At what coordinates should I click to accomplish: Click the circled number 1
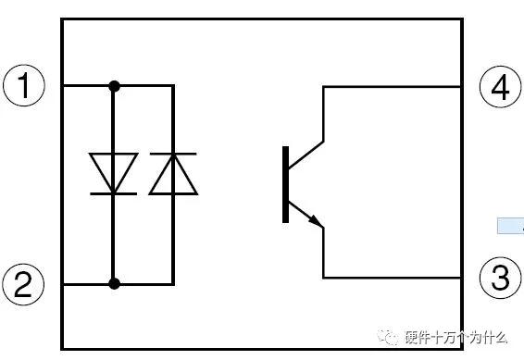pos(24,87)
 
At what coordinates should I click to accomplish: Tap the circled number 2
pos(24,284)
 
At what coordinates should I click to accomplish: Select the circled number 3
pos(500,278)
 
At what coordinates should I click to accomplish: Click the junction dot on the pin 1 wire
pos(114,86)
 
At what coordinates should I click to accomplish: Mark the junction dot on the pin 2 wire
pos(114,283)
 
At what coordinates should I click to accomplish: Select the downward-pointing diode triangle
pos(114,171)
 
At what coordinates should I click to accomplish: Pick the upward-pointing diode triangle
pos(173,174)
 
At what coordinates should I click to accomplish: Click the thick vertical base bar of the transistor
pos(286,184)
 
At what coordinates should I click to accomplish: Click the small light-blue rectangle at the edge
pos(510,226)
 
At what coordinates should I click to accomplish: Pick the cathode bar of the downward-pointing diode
pos(114,193)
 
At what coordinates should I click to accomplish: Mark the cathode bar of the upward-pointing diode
pos(173,153)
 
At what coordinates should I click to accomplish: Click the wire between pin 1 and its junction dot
pos(88,86)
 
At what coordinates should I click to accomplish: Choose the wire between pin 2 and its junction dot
pos(88,283)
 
